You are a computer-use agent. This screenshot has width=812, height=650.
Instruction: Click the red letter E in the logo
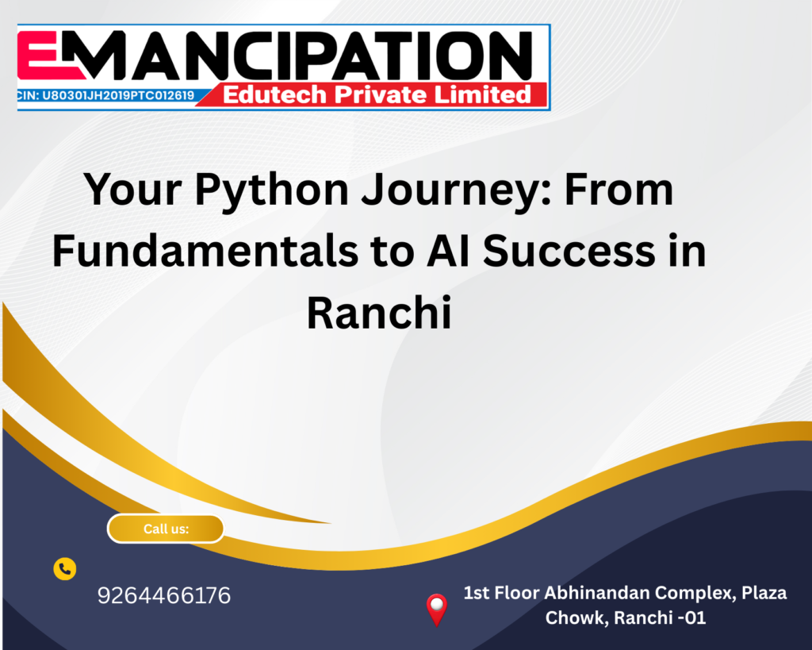click(x=49, y=56)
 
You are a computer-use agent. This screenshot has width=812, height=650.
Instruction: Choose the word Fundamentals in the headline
click(x=205, y=251)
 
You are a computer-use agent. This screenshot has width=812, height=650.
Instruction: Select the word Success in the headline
click(x=569, y=252)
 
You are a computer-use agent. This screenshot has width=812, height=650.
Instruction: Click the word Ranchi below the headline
click(x=379, y=313)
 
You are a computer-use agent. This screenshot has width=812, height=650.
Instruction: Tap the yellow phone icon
click(x=65, y=569)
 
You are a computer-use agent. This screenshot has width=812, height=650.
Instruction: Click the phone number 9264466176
click(x=164, y=595)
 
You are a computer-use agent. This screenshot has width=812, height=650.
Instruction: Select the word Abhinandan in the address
click(x=596, y=593)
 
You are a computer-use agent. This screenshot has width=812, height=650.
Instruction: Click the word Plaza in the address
click(x=764, y=593)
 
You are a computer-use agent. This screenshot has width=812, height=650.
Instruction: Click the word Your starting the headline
click(x=132, y=190)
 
